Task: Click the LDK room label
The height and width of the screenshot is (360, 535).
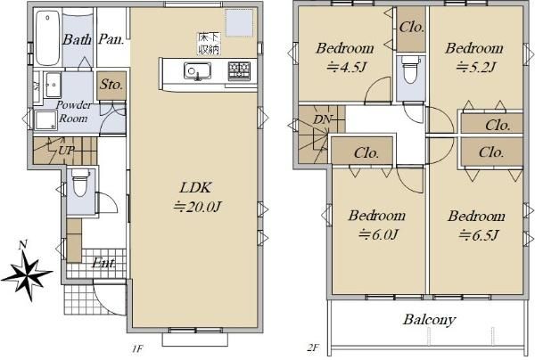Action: point(198,187)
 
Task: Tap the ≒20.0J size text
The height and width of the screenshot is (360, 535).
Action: point(198,207)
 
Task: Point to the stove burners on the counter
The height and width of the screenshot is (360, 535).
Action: point(239,70)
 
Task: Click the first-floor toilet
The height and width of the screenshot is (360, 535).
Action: point(78,184)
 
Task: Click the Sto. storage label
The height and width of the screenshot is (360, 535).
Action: point(111,86)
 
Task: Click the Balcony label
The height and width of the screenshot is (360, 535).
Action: point(429,319)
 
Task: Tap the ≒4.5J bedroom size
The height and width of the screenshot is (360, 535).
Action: point(338,66)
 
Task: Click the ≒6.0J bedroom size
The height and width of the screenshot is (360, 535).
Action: point(378,234)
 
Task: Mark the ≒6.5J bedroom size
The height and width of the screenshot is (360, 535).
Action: point(479,234)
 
